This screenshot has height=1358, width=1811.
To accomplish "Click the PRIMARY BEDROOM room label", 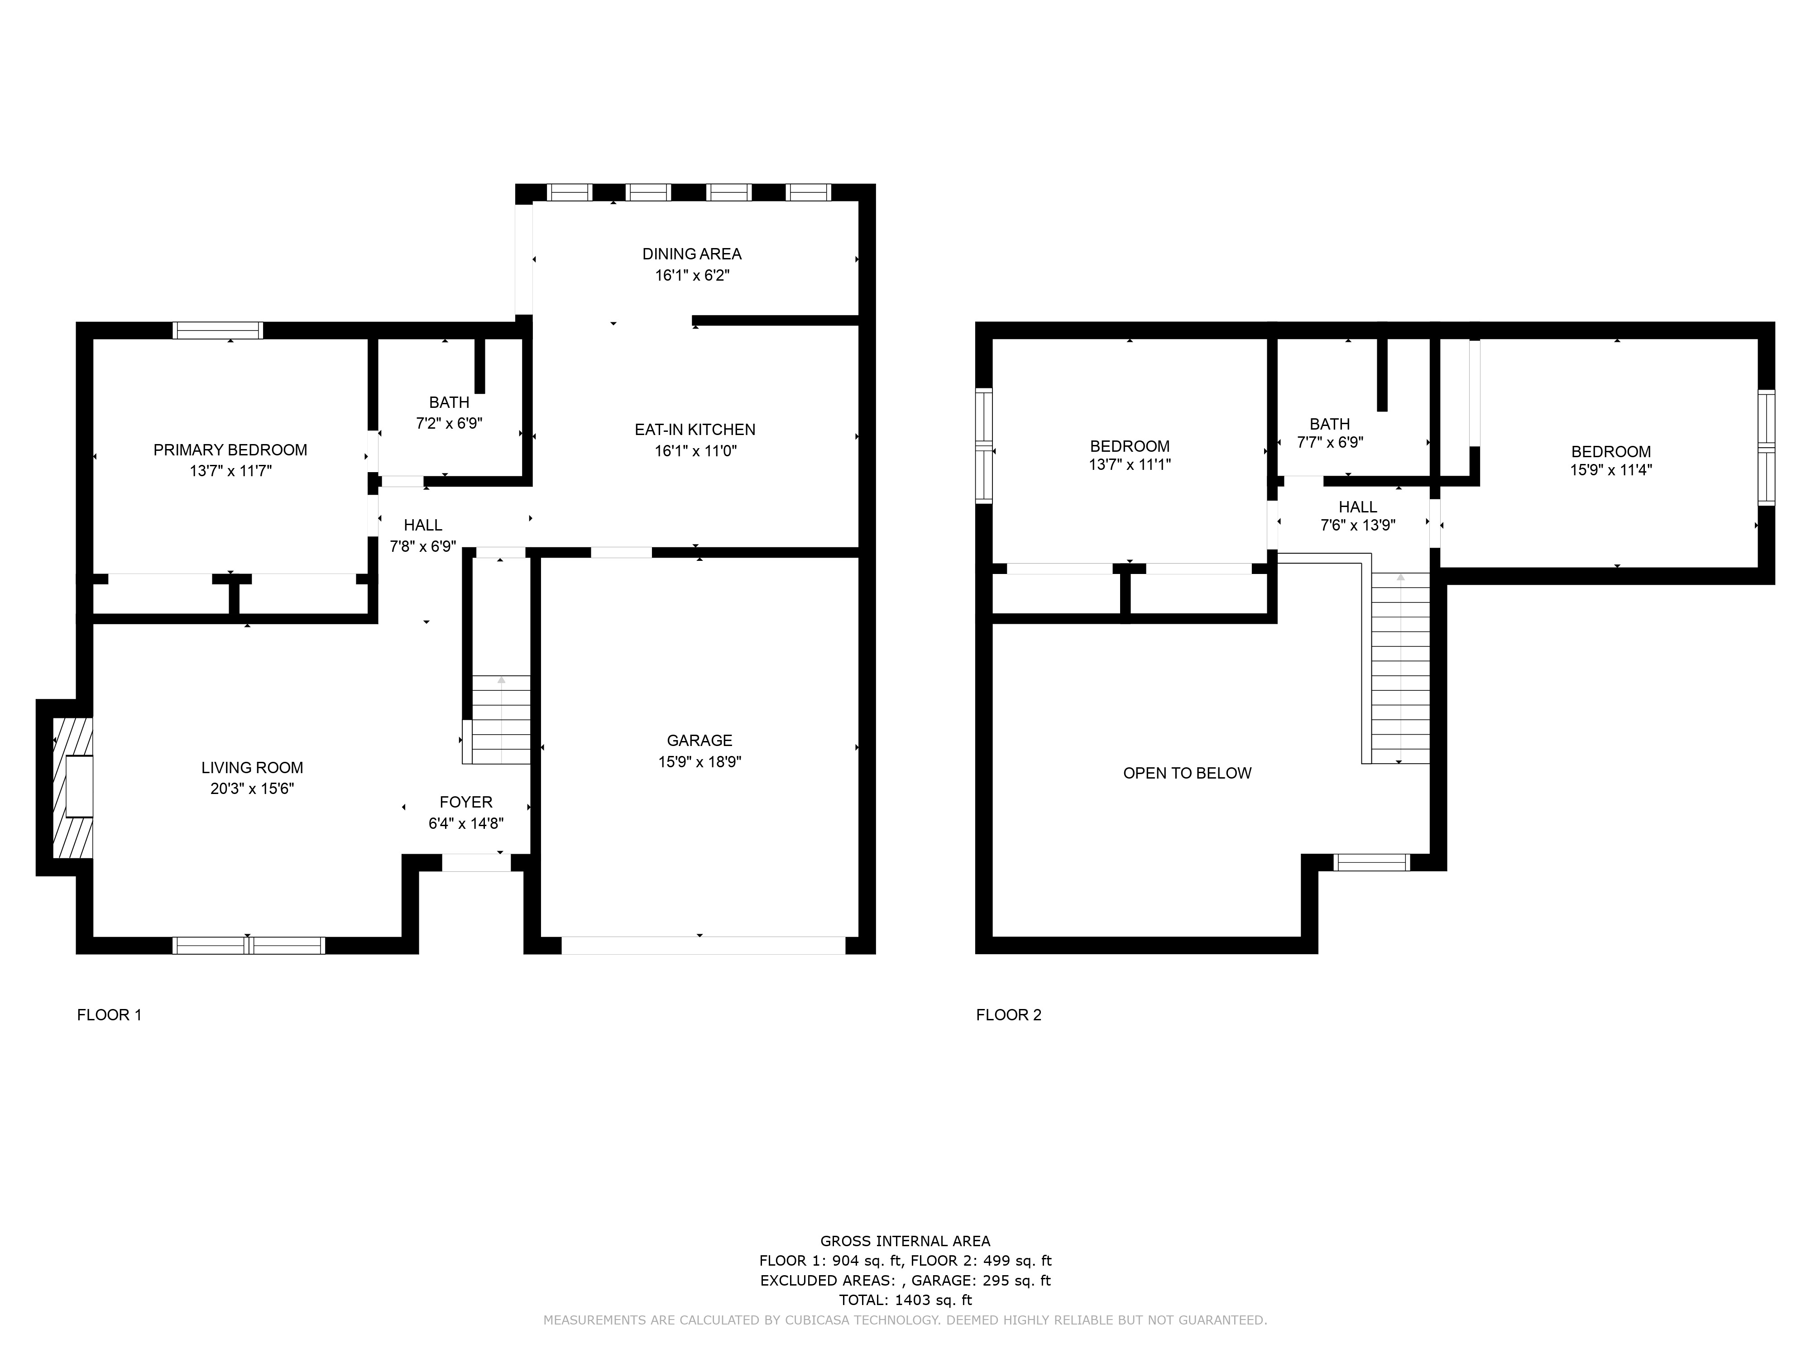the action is [230, 449].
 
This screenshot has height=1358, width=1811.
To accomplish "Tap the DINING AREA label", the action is [692, 254].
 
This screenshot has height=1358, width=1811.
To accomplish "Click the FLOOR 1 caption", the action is [110, 1015].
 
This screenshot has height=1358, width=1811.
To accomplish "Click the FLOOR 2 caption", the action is [1009, 1015].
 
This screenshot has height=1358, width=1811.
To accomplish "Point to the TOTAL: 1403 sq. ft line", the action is [905, 1300].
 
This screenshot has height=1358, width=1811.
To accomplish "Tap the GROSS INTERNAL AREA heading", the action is [905, 1241].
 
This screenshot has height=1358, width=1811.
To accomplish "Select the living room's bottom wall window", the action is [249, 946].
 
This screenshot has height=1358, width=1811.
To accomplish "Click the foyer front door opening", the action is [476, 863].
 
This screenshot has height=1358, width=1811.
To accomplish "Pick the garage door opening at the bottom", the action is [703, 946].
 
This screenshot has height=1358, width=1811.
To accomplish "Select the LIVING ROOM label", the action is [252, 768].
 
